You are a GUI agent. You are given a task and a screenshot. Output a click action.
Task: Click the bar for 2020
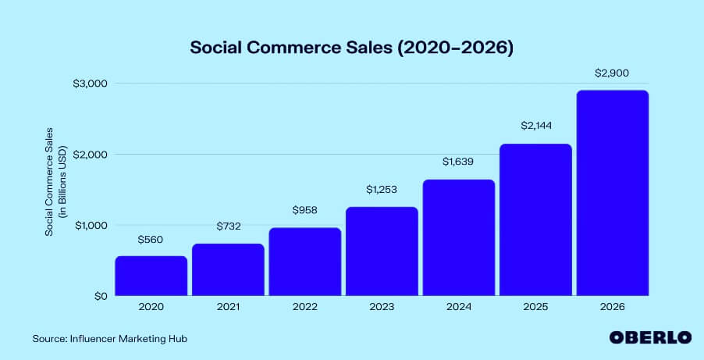(x=151, y=276)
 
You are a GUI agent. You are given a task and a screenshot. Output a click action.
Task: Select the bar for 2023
(x=382, y=251)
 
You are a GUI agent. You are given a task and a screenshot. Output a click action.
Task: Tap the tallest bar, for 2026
(x=612, y=193)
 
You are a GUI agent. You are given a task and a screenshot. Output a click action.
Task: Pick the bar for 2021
(x=228, y=269)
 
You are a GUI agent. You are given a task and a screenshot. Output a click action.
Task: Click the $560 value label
(x=151, y=241)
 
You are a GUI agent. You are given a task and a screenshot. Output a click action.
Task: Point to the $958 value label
(x=305, y=211)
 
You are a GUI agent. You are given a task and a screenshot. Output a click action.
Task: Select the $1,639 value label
(x=458, y=162)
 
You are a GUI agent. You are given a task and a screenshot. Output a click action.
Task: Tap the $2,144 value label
(x=535, y=127)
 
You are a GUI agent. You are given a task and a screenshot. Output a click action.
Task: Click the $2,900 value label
(x=612, y=73)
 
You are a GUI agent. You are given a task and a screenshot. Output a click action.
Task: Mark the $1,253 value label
(x=382, y=190)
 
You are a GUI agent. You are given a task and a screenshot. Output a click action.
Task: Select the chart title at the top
(x=352, y=47)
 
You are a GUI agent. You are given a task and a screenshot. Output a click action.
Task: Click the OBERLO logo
(x=650, y=337)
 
